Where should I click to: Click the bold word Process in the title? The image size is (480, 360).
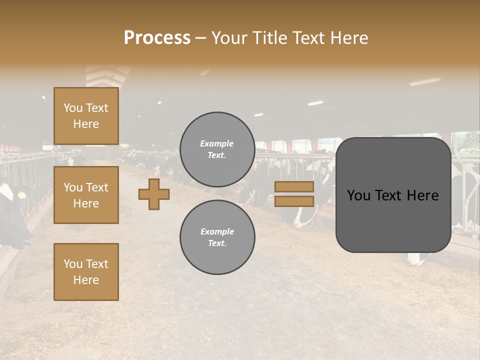(157, 38)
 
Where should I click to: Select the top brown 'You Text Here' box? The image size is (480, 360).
(86, 116)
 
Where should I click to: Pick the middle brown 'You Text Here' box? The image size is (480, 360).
(86, 195)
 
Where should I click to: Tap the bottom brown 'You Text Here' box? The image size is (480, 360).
(86, 272)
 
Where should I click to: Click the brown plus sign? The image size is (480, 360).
(154, 194)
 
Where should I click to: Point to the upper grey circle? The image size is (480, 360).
(217, 149)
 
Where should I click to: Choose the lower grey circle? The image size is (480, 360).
(217, 237)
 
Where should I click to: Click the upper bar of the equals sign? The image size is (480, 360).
(294, 186)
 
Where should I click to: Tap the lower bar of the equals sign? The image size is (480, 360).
(294, 201)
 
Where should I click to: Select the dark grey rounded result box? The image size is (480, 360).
(393, 195)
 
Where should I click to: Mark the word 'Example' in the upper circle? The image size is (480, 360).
(217, 143)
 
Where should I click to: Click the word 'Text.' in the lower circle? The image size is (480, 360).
(217, 243)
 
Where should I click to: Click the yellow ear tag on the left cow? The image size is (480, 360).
(21, 194)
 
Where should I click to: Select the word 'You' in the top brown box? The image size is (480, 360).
(73, 108)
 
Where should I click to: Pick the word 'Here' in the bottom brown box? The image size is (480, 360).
(86, 280)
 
